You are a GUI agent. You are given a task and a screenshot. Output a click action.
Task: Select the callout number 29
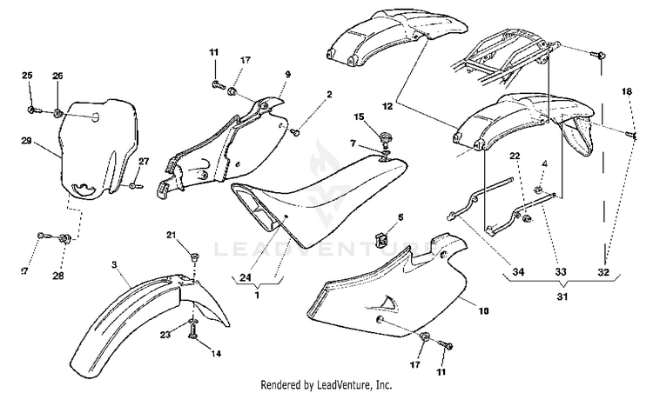(x=26, y=140)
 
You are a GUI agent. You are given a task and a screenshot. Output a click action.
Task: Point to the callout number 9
(x=287, y=76)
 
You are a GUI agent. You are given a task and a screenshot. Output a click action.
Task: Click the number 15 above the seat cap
(x=359, y=117)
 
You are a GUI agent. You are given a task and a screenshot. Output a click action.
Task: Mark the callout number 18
(x=626, y=91)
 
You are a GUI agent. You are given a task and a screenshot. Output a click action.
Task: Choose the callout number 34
(x=519, y=272)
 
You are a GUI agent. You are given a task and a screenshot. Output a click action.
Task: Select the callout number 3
(x=114, y=263)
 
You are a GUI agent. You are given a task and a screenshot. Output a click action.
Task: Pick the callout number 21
(x=172, y=236)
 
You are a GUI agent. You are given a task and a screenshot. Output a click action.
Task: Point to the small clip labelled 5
(x=378, y=236)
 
